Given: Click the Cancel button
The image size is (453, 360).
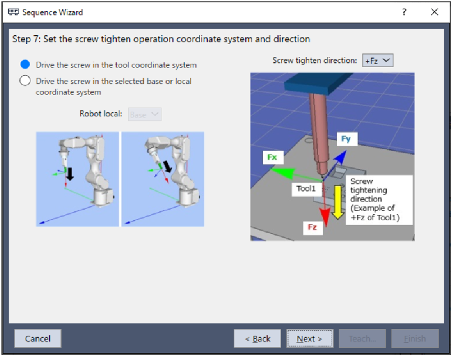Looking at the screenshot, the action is tap(37, 338).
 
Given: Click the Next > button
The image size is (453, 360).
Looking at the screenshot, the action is tap(309, 338).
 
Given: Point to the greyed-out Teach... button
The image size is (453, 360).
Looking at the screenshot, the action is tap(362, 338).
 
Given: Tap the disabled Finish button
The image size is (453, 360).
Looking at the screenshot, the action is tap(415, 338).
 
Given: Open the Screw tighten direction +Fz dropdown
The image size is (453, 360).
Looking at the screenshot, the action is tap(378, 60).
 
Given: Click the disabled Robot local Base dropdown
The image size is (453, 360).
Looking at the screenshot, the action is tap(144, 115).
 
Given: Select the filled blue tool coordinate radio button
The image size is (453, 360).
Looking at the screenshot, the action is tap(25, 64).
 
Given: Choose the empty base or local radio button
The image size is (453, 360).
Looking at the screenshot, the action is tap(25, 80).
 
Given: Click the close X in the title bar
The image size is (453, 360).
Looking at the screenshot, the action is tap(434, 12).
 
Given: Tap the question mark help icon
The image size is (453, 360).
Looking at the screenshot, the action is tap(404, 12).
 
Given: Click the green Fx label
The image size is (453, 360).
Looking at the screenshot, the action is tap(272, 157).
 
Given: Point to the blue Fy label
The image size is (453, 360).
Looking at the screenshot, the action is tap(346, 139).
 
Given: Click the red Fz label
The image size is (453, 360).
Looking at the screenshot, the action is tap(312, 227).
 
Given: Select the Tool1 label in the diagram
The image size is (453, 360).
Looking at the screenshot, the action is tap(306, 189).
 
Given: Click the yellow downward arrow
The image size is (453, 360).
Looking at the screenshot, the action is tap(338, 202).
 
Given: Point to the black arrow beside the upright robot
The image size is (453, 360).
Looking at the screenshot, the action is tap(69, 173).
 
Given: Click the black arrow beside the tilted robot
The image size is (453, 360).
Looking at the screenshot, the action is tap(167, 167).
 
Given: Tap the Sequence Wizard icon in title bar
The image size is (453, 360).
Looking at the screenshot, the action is tap(13, 12).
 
